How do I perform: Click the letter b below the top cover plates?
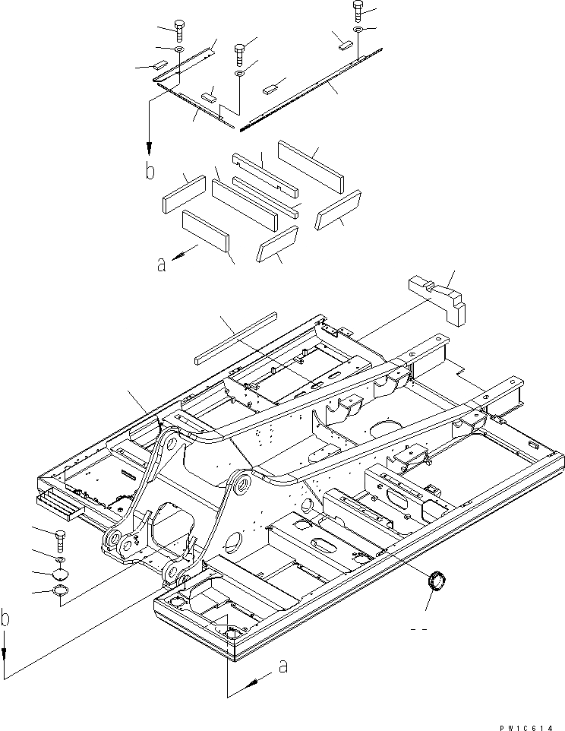150,171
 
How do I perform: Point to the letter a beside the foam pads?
160,264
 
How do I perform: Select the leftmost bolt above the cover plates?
179,30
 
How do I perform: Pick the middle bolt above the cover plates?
240,53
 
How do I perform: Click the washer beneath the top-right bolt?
358,29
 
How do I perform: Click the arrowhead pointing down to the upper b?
150,149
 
